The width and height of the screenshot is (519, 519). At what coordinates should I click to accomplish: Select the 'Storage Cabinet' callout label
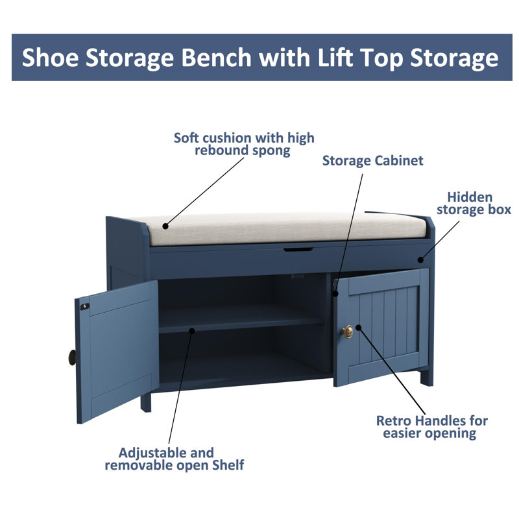coord(372,160)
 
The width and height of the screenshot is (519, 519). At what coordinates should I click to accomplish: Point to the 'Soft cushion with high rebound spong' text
coord(244,144)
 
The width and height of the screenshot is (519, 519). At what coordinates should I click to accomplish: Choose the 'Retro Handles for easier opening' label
coord(431,427)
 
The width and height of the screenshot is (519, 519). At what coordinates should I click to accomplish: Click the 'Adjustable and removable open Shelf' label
coord(175,458)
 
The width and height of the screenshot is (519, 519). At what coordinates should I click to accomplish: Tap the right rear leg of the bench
coord(426,377)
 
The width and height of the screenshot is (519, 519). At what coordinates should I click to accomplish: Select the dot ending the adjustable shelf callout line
coord(192,331)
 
